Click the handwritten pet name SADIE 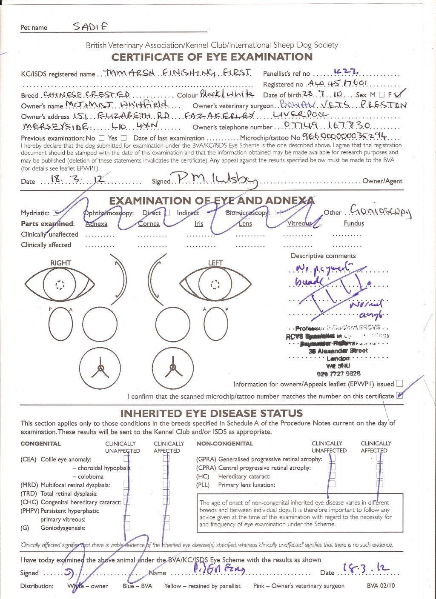pyautogui.click(x=90, y=26)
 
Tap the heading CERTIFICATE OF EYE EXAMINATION pyautogui.click(x=212, y=57)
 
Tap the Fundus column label pyautogui.click(x=354, y=223)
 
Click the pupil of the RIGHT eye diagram pyautogui.click(x=60, y=284)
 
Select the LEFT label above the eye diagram pyautogui.click(x=215, y=263)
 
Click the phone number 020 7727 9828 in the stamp pyautogui.click(x=338, y=374)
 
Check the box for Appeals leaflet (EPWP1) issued pyautogui.click(x=399, y=383)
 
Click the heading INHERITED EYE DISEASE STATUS pyautogui.click(x=212, y=413)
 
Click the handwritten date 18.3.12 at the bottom pyautogui.click(x=366, y=569)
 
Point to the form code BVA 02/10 pyautogui.click(x=381, y=586)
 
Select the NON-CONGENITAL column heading pyautogui.click(x=225, y=443)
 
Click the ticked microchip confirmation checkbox pyautogui.click(x=399, y=395)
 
